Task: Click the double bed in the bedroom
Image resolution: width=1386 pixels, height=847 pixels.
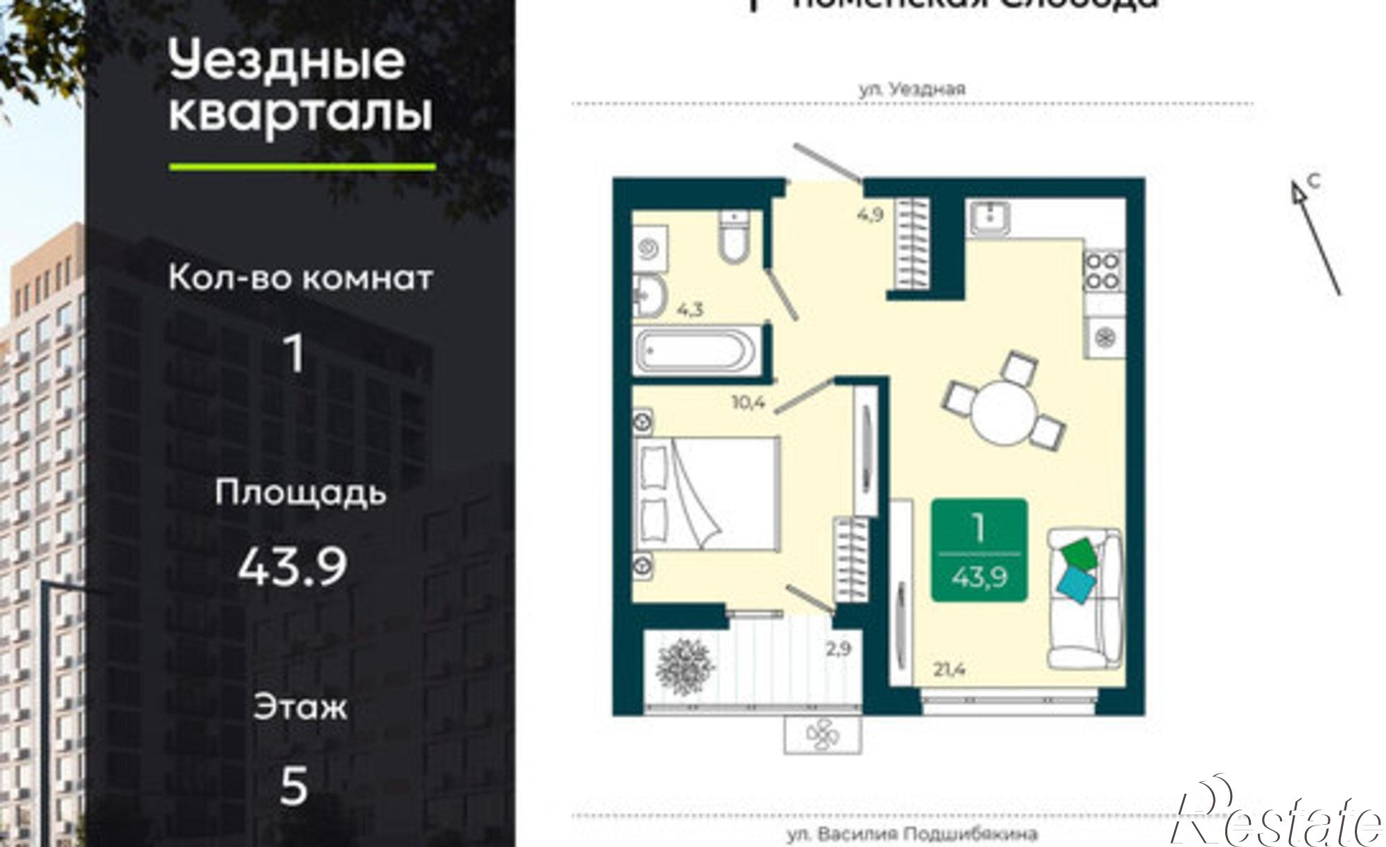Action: pos(706,494)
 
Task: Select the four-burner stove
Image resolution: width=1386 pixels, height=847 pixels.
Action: pos(1103,270)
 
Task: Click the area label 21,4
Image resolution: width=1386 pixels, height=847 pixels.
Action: pos(949,670)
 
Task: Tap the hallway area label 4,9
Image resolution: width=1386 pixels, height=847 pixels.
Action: pos(870,214)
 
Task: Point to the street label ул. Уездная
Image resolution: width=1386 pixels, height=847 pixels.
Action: pos(912,89)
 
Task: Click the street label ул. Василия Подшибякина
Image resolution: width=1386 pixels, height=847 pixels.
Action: pos(911,835)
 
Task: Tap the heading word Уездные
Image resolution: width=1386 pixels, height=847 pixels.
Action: pos(287,61)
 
